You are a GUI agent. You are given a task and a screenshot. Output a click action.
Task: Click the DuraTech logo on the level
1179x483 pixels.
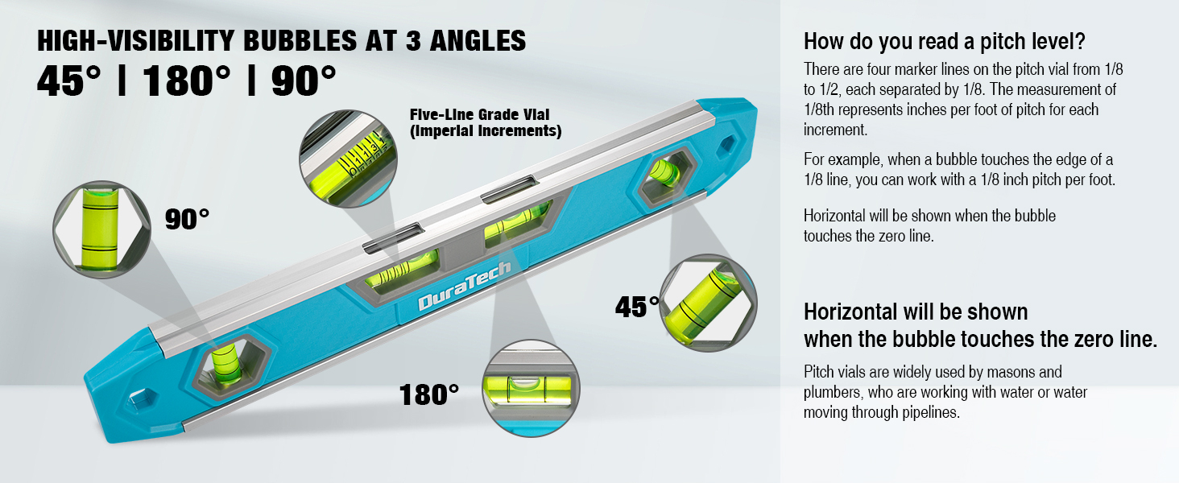tap(464, 286)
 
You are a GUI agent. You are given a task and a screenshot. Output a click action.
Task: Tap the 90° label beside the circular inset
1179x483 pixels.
tap(187, 219)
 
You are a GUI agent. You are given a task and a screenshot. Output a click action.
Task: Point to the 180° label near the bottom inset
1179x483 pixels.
tap(429, 394)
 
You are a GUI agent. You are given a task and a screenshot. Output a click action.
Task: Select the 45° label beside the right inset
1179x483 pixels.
tap(637, 306)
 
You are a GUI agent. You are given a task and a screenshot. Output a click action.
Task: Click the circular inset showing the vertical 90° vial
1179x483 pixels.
tap(101, 229)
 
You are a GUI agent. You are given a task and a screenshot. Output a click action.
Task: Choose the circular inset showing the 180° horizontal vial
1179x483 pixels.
tap(531, 388)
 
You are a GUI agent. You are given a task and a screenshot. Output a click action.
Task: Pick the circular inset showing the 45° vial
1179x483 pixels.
tap(708, 303)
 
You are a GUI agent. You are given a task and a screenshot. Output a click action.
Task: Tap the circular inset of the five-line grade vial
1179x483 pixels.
tap(348, 159)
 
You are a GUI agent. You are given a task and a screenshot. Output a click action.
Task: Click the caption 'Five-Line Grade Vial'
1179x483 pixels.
tap(479, 114)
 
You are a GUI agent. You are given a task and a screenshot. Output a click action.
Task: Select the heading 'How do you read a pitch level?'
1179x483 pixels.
tap(945, 41)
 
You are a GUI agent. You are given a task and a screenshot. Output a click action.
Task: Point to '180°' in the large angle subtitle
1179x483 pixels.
tap(186, 80)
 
